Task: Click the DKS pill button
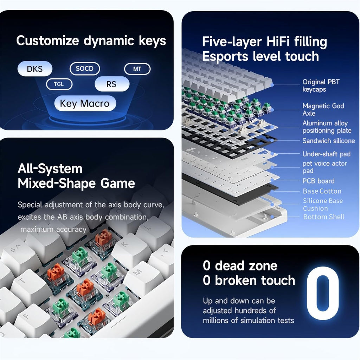35,69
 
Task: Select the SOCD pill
85,69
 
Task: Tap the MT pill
137,69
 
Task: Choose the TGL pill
59,84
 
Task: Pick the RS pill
112,84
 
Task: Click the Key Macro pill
85,103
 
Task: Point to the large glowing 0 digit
323,293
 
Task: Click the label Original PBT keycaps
321,85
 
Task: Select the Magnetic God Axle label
323,109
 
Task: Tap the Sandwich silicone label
329,141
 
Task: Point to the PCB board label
318,181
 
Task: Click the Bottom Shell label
323,217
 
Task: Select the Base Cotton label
322,191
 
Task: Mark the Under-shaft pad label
326,154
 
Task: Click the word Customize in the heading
47,41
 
